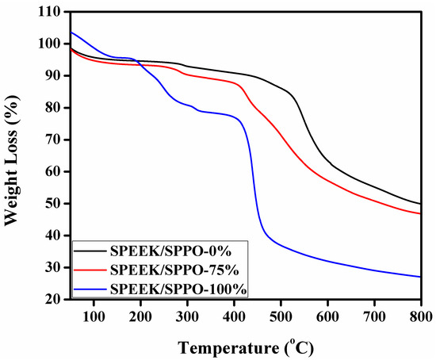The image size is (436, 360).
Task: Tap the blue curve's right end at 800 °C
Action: [420, 277]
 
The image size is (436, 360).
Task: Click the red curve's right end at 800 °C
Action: [420, 213]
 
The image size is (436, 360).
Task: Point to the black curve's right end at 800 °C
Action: [420, 204]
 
